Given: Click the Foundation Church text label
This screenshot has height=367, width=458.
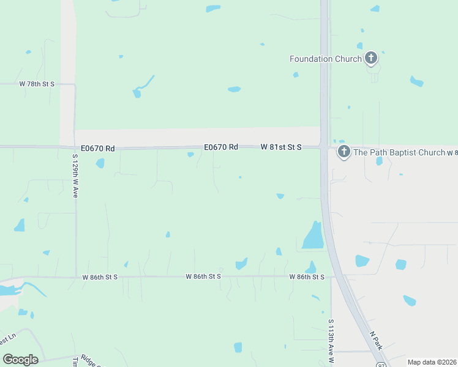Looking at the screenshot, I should (x=325, y=59).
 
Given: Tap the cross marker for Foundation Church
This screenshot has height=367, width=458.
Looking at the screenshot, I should (x=370, y=58).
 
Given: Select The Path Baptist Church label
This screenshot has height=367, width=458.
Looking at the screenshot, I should (x=399, y=152).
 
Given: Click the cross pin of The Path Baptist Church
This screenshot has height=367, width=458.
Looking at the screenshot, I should (x=343, y=151).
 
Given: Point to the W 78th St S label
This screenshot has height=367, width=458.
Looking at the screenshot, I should (x=37, y=83).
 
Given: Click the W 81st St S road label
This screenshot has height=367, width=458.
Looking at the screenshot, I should (x=281, y=147).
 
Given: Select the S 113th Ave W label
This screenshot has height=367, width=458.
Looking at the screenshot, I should (x=331, y=339).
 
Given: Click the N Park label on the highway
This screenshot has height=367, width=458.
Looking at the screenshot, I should (x=377, y=341).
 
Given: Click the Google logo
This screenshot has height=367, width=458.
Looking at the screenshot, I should (x=20, y=360).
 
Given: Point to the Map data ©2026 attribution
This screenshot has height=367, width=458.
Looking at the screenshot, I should (x=432, y=362).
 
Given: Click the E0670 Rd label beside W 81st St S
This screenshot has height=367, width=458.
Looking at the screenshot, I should (x=220, y=147).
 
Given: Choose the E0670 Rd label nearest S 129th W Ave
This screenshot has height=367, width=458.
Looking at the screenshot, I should (x=98, y=148).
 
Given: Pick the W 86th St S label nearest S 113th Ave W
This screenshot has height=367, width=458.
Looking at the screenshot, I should (x=307, y=277).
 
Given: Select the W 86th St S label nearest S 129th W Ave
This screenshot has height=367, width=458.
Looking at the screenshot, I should (x=100, y=277).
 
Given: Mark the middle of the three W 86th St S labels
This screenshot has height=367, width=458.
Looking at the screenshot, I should (x=203, y=277).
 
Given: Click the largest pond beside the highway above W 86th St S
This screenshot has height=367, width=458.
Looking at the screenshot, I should (x=313, y=236).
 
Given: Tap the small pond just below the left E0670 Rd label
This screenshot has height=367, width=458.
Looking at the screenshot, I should (x=100, y=163).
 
